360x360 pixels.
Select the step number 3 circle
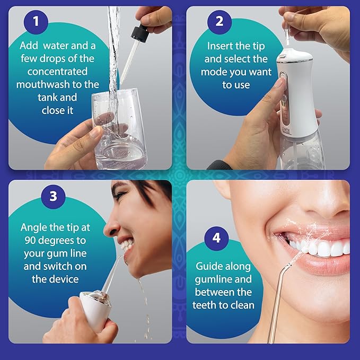52,196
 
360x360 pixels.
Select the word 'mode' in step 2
213,72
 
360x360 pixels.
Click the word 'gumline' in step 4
209,279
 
